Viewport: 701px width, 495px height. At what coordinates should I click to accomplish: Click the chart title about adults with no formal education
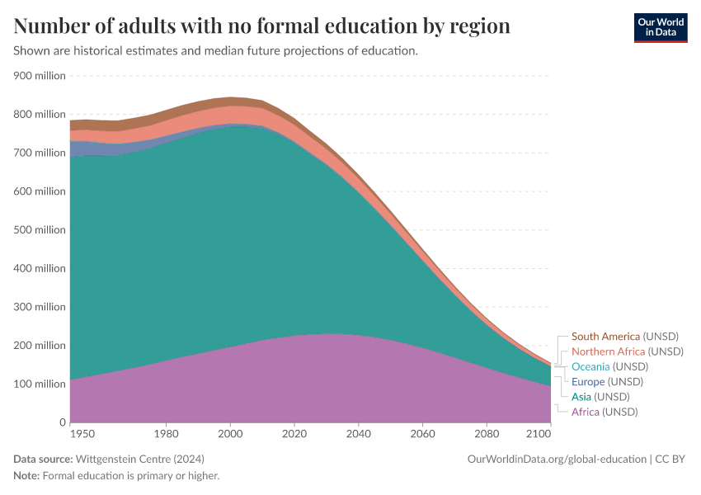(x=261, y=26)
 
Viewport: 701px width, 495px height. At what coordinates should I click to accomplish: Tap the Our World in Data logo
(x=660, y=27)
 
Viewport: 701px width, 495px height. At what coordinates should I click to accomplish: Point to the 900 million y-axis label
(x=39, y=76)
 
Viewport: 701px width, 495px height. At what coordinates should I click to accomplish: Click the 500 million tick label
(x=39, y=230)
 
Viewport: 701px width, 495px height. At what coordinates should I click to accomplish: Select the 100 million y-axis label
(x=39, y=384)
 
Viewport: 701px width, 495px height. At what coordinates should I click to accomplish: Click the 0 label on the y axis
(x=62, y=422)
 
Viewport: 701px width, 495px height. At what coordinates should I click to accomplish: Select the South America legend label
(x=605, y=337)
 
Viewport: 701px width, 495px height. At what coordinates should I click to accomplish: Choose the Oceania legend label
(x=590, y=366)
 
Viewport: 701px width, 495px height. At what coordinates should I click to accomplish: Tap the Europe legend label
(x=588, y=382)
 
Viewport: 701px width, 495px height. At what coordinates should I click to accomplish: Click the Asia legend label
(x=582, y=397)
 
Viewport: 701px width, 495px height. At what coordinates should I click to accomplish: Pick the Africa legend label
(x=585, y=412)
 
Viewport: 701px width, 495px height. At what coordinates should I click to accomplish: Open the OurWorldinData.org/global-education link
(x=557, y=459)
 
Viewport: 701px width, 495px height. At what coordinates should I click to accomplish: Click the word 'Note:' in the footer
(x=26, y=476)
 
